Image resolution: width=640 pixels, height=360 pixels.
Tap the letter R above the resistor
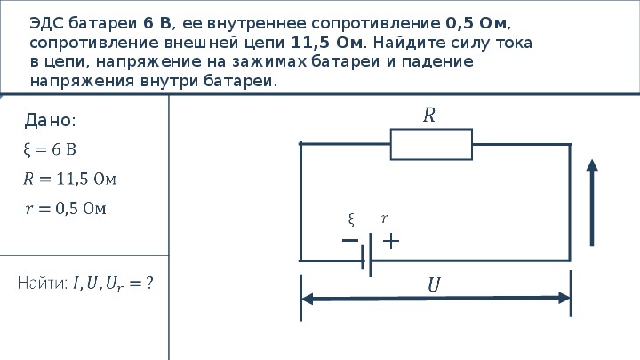429,115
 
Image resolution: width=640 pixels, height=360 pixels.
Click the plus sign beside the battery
391,241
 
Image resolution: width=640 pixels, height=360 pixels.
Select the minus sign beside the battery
350,240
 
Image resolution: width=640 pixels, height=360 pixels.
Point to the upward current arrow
592,203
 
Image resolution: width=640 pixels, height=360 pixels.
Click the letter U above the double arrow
435,284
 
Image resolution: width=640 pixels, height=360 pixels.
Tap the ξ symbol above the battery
351,220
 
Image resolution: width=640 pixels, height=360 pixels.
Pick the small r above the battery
385,219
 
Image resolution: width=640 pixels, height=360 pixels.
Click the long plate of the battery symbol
370,255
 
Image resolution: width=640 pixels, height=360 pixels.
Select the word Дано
50,120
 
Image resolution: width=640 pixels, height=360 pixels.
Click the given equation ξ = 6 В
50,150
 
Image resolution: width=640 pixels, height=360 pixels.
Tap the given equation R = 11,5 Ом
70,179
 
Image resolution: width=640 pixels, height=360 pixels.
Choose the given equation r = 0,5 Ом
65,209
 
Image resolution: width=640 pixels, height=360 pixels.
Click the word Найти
43,283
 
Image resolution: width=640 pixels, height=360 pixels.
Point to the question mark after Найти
149,283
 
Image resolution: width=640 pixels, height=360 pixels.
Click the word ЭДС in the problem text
46,23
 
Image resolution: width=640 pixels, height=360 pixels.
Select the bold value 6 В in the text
157,23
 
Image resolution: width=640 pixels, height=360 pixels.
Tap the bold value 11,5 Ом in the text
327,43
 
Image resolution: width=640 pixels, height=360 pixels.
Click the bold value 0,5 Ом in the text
476,23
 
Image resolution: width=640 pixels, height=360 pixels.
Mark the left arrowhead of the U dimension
307,299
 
